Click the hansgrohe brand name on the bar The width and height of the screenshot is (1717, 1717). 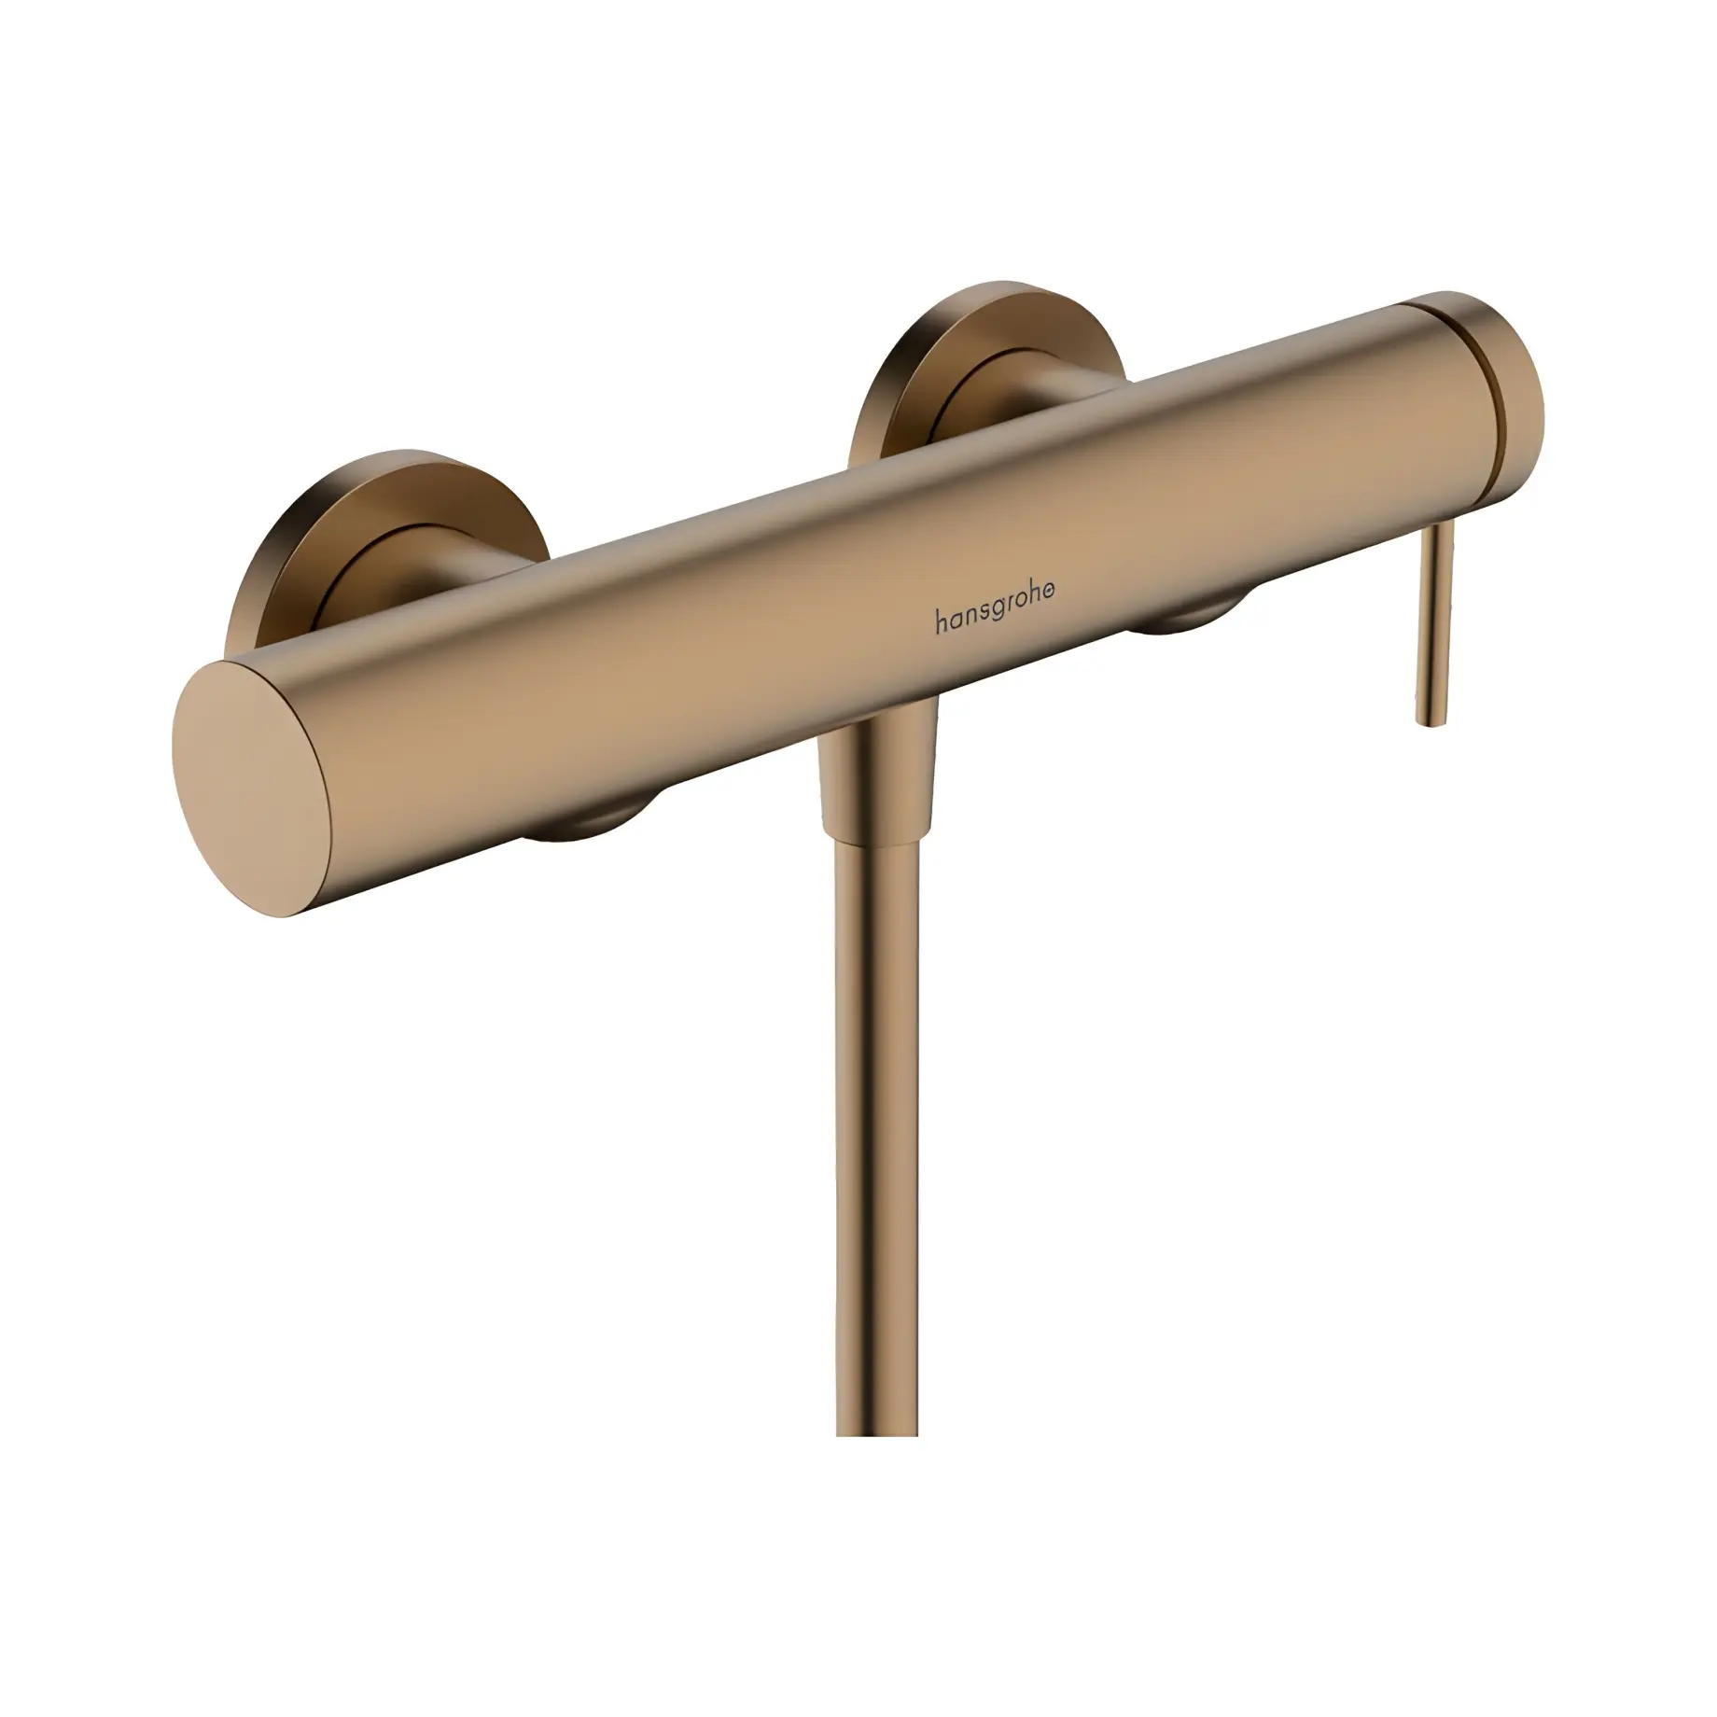996,621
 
